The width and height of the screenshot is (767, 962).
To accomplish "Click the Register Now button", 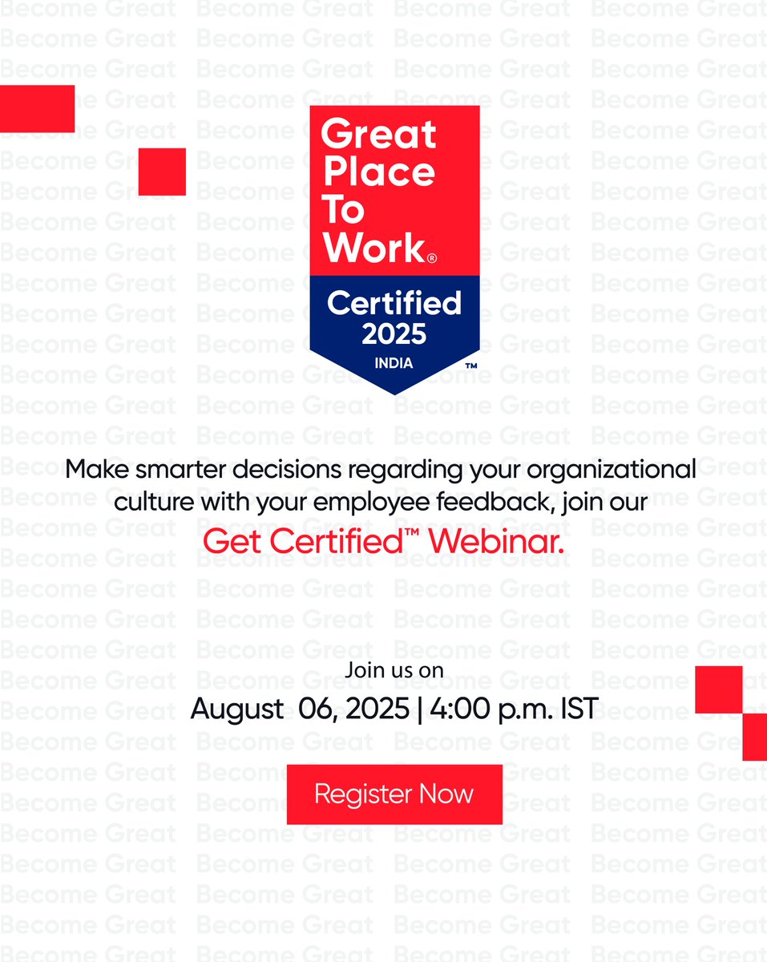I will pyautogui.click(x=394, y=794).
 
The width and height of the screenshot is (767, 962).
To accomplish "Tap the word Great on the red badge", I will pyautogui.click(x=378, y=134).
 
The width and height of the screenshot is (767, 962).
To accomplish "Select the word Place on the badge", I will pyautogui.click(x=378, y=172).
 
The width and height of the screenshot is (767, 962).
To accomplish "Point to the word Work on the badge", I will pyautogui.click(x=373, y=248).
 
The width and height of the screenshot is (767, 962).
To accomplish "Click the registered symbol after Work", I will pyautogui.click(x=432, y=258).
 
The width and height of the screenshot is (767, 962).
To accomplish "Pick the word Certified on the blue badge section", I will pyautogui.click(x=394, y=303).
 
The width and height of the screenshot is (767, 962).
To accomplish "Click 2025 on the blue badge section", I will pyautogui.click(x=394, y=333).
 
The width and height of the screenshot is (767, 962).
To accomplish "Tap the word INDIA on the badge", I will pyautogui.click(x=394, y=363).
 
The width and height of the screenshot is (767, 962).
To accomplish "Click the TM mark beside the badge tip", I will pyautogui.click(x=471, y=366).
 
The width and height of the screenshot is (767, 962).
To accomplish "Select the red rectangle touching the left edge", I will pyautogui.click(x=37, y=109).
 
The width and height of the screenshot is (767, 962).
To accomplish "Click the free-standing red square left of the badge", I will pyautogui.click(x=162, y=172).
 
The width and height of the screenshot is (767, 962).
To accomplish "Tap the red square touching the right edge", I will pyautogui.click(x=755, y=737).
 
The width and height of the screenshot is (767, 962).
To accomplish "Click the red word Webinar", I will pyautogui.click(x=497, y=541).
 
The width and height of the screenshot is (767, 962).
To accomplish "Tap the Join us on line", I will pyautogui.click(x=394, y=670).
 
